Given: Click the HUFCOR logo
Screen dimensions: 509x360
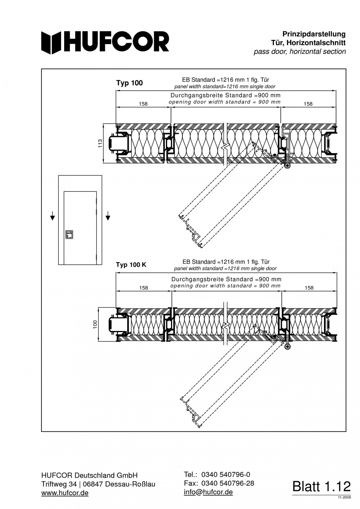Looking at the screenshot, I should click(x=106, y=42).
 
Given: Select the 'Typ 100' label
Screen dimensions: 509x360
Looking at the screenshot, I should click(x=130, y=83).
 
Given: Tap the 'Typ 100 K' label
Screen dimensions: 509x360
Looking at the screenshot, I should click(x=131, y=265).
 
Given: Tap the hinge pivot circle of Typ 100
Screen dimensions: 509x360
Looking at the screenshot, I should click(x=288, y=166).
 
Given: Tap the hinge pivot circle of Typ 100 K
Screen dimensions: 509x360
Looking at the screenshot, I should click(x=288, y=347).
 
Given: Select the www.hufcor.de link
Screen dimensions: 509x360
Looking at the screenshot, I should click(x=65, y=493).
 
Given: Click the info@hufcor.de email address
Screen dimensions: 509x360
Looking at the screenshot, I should click(x=208, y=492).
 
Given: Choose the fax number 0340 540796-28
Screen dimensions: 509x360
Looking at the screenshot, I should click(x=227, y=483).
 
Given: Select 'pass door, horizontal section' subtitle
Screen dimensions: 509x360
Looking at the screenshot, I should click(x=299, y=51).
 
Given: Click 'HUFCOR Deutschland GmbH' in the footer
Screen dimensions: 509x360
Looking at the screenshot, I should click(x=90, y=475).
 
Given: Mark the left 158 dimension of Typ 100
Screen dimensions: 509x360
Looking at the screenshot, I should click(x=144, y=104).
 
